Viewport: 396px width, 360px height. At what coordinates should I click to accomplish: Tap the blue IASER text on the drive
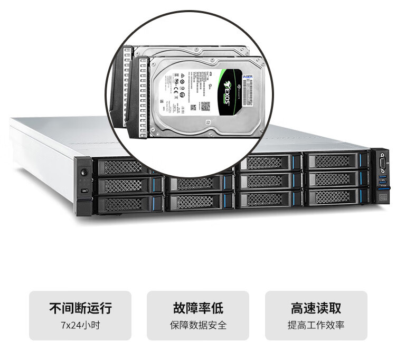pyautogui.click(x=248, y=76)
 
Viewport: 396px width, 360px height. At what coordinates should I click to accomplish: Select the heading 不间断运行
pyautogui.click(x=80, y=308)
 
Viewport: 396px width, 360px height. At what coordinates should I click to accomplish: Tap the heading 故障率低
pyautogui.click(x=198, y=308)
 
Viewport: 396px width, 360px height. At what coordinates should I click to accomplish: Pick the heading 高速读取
pyautogui.click(x=316, y=308)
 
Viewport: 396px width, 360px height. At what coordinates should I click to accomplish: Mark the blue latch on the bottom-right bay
pyautogui.click(x=363, y=196)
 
